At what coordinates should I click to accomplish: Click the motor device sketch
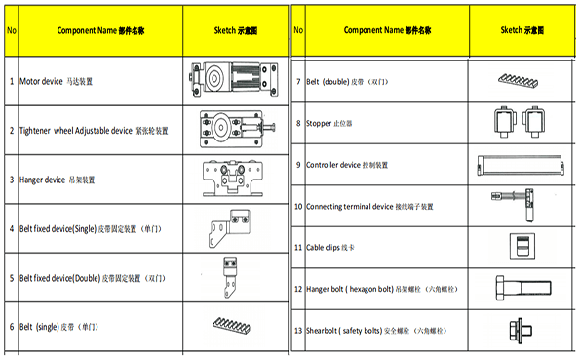click(x=234, y=79)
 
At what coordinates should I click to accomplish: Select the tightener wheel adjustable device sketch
click(x=237, y=129)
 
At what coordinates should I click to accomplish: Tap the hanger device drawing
click(x=233, y=179)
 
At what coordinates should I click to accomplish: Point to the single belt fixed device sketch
click(x=230, y=227)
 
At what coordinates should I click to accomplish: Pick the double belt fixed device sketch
click(x=230, y=277)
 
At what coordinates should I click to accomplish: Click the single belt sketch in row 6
click(x=232, y=325)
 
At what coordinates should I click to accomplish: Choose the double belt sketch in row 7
click(x=518, y=80)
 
